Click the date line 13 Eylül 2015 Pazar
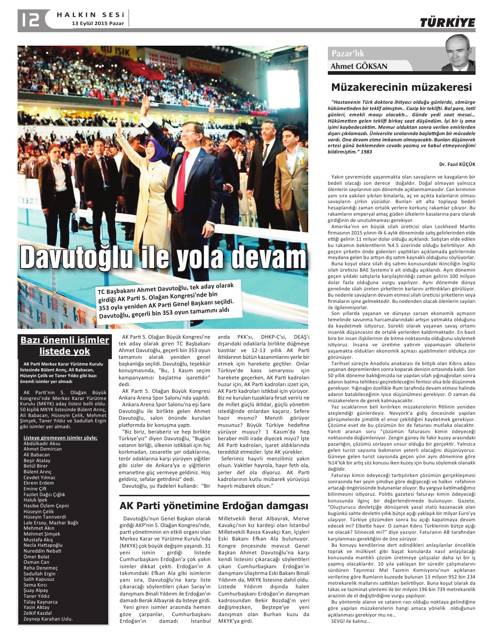pyautogui.click(x=98, y=23)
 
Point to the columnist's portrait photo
pyautogui.click(x=458, y=54)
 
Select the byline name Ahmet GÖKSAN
pyautogui.click(x=359, y=66)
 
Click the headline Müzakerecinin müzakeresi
pyautogui.click(x=401, y=87)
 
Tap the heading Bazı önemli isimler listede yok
pyautogui.click(x=65, y=345)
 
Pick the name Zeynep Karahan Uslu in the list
pyautogui.click(x=48, y=619)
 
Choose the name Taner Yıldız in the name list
pyautogui.click(x=37, y=596)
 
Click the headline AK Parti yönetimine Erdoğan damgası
pyautogui.click(x=214, y=506)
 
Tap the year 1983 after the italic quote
pyautogui.click(x=366, y=152)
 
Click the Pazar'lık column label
pyautogui.click(x=348, y=53)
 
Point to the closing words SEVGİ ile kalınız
pyautogui.click(x=350, y=621)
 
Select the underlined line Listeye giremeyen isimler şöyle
pyautogui.click(x=60, y=438)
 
